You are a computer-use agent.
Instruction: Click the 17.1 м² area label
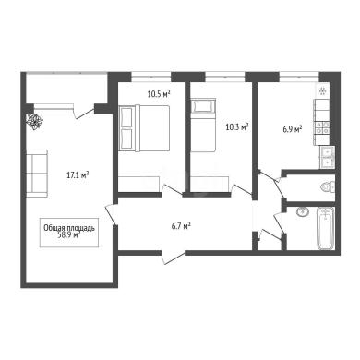point(78,175)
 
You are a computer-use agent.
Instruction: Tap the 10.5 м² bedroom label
point(159,94)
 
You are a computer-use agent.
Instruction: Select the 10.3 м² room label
point(237,126)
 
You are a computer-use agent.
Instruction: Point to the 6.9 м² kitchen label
point(293,129)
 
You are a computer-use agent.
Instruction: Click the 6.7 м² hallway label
point(181,227)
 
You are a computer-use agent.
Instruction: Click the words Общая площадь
point(69,228)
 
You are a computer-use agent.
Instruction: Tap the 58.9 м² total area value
point(69,235)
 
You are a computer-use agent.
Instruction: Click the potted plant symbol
point(34,121)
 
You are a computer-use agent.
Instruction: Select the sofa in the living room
point(37,174)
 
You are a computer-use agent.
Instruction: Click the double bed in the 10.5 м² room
point(144,128)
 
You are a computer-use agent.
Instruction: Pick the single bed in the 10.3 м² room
point(203,125)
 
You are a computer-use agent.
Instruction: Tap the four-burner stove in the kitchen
point(321,127)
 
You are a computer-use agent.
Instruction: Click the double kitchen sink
point(327,157)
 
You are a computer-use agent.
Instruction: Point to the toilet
point(328,187)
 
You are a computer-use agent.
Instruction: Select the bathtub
point(326,228)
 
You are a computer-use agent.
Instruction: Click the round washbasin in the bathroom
point(304,211)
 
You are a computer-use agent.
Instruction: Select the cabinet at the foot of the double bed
point(138,185)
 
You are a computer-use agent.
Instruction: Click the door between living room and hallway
point(111,214)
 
